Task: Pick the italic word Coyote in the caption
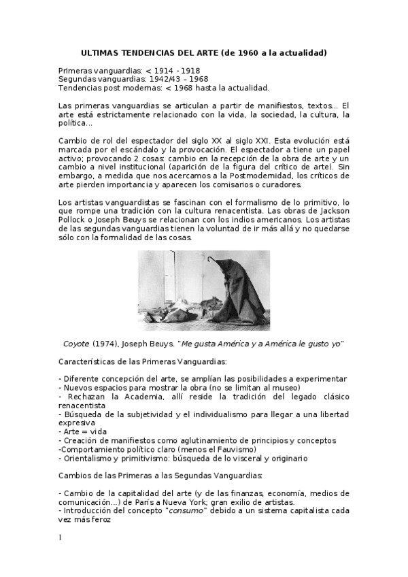76,344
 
